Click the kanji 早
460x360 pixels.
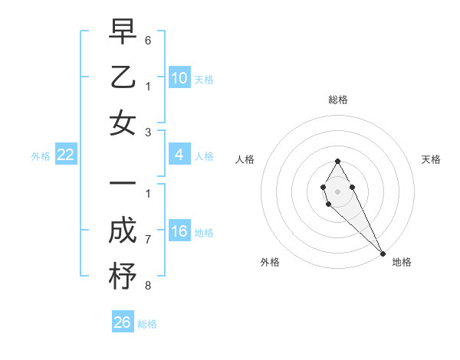tap(123, 31)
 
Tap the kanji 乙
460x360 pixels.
tap(123, 77)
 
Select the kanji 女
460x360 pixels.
tap(123, 123)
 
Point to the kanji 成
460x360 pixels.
tap(123, 231)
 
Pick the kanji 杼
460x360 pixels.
tap(123, 277)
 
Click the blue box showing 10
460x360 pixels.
tap(179, 78)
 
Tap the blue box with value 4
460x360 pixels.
tap(179, 155)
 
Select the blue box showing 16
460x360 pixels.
tap(179, 232)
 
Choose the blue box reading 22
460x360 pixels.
tap(66, 155)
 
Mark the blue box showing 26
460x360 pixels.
tap(123, 322)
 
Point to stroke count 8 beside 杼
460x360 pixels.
tap(147, 286)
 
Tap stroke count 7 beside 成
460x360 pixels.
tap(147, 240)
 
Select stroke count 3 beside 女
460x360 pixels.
tap(147, 131)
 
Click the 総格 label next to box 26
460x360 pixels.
tap(147, 324)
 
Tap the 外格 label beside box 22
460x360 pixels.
tap(41, 156)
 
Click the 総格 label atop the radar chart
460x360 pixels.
tap(337, 100)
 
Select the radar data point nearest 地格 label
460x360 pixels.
tap(383, 253)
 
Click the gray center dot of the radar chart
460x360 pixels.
tap(337, 190)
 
